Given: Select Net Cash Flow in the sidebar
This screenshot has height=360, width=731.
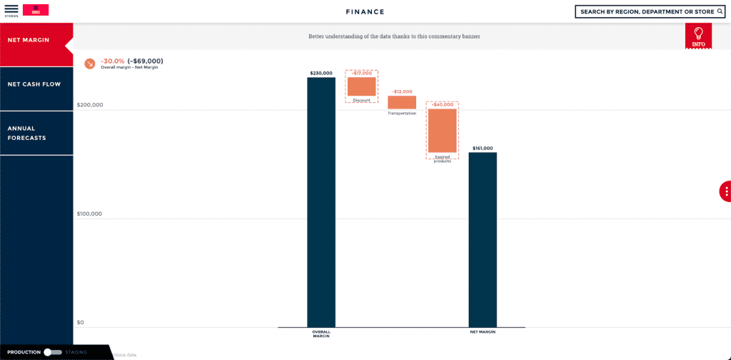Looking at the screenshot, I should pos(34,84).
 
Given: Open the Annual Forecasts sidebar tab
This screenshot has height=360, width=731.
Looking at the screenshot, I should pos(26,133).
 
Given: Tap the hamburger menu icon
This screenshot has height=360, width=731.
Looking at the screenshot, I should pos(11,9).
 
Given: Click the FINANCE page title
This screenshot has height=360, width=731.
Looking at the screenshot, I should pos(365,12).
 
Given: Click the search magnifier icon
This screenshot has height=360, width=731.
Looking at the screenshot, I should pos(720,11).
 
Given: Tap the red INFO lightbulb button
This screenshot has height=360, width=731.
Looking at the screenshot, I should pos(698,36).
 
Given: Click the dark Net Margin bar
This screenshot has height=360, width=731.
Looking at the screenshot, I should pos(483,239).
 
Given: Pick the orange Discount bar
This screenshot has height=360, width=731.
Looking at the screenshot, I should pos(362,86).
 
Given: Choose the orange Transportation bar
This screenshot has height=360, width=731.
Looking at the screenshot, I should pos(402,102).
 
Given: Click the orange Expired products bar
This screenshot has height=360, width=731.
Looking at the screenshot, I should pos(443,130).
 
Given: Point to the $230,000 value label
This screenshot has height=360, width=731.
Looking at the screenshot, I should pos(321,73).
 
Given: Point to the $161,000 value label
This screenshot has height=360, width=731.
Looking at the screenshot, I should pos(483,148).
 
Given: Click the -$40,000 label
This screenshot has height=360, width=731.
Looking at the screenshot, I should pos(443,104).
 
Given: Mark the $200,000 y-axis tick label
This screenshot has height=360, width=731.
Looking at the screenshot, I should pos(90,105).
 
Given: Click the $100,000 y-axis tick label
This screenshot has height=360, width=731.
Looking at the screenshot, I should pos(90,214).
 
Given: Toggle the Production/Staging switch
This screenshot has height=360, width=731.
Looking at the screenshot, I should pos(52,352).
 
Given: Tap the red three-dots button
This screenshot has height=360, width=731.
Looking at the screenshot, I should pos(725,191).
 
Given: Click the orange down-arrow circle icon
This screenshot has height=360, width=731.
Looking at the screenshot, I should pos(89,64).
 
